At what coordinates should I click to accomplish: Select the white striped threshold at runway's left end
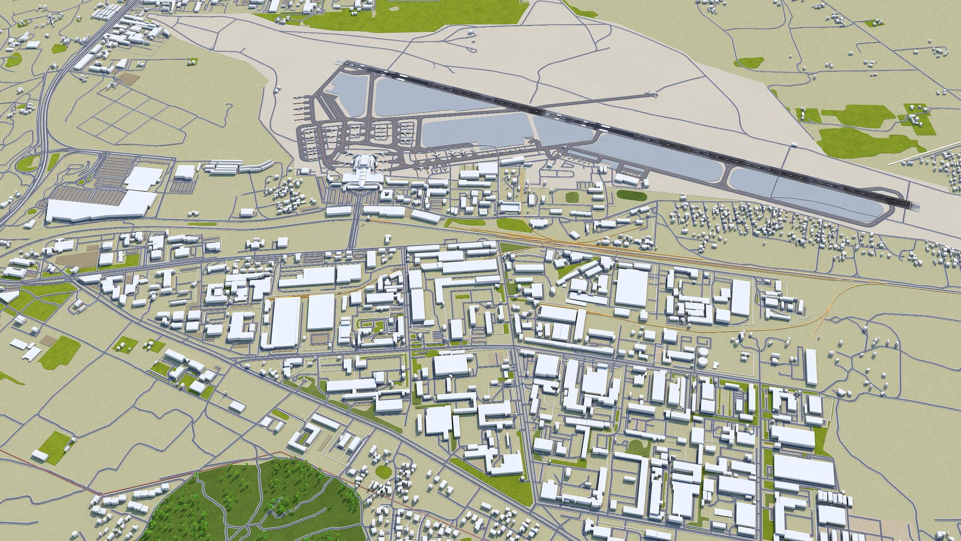(340, 61)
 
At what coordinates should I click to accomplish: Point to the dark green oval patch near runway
(631, 195)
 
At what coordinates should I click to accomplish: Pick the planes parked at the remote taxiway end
(651, 94)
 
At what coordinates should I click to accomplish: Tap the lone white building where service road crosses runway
(794, 144)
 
